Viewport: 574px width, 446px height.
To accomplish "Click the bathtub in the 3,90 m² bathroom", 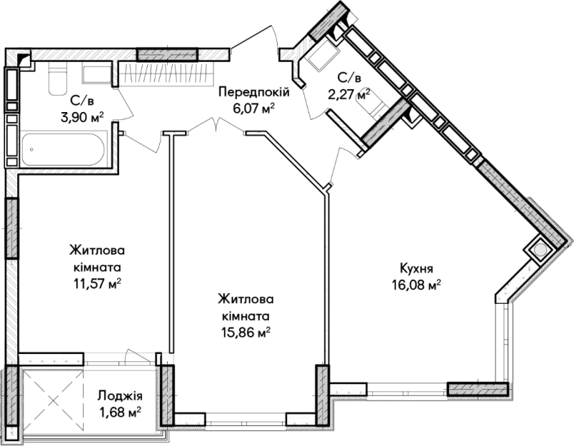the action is (62, 149).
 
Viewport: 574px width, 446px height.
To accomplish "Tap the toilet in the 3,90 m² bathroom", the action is (58, 78).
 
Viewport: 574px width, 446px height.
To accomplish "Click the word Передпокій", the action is (254, 92).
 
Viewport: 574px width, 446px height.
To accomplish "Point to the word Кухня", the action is (416, 269).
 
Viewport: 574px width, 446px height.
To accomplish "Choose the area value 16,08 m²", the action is (416, 285).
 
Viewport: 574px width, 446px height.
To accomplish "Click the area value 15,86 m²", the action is (245, 333).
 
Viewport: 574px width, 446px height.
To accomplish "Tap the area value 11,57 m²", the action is (98, 283).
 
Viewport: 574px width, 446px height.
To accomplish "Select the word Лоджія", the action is (120, 396).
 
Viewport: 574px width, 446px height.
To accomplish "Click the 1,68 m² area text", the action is (120, 413).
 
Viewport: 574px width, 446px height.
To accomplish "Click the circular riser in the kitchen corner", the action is (539, 250).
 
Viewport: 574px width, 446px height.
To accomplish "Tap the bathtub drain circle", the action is (32, 149).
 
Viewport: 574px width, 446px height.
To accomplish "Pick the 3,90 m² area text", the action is (82, 118).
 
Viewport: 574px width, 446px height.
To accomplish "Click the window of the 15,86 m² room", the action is (245, 419).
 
